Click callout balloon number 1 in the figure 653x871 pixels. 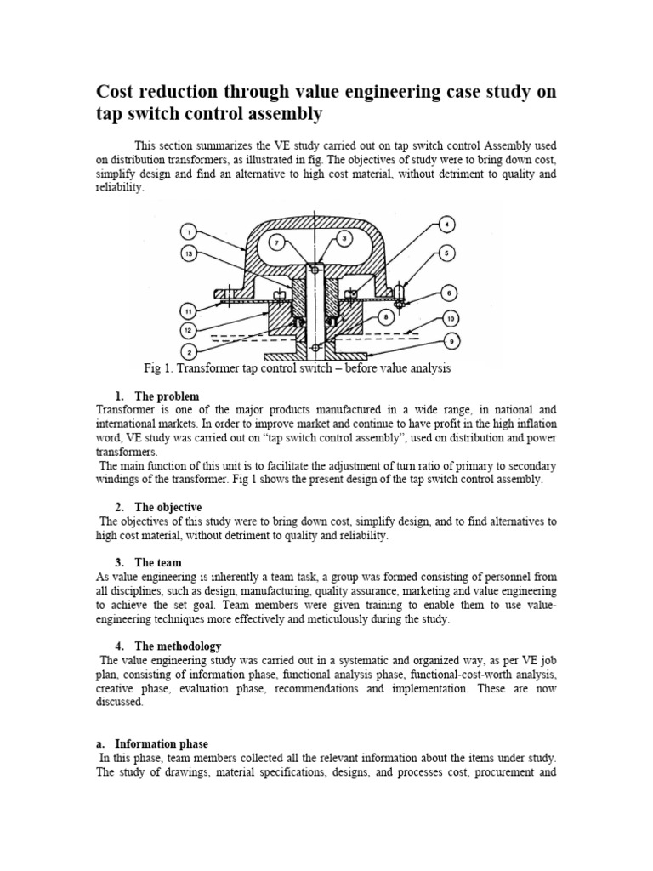(x=189, y=231)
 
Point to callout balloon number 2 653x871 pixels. (x=189, y=350)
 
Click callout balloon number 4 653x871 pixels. (x=447, y=225)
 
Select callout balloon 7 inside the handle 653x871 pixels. (x=276, y=243)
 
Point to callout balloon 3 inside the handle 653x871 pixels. (x=344, y=240)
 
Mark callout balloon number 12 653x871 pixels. (x=189, y=329)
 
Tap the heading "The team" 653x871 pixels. (x=157, y=562)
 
